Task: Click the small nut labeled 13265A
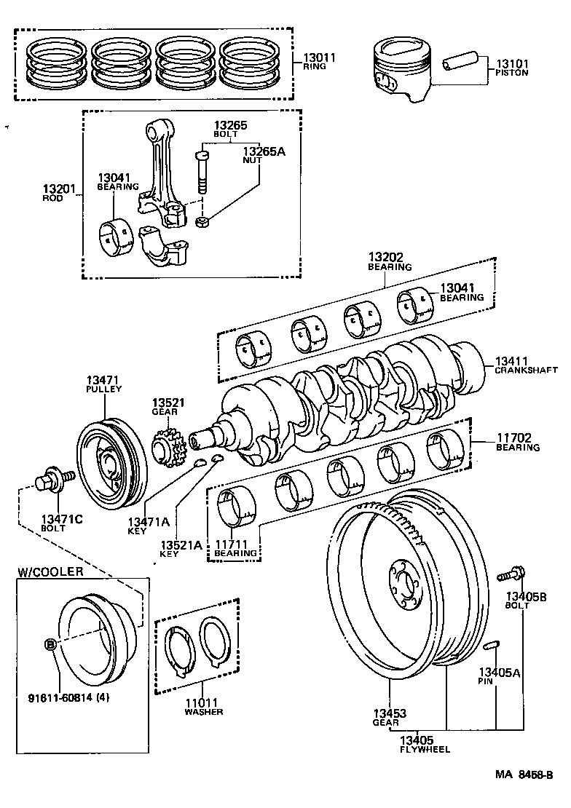203,219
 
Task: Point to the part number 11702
514,438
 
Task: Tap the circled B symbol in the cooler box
50,644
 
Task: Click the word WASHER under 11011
203,711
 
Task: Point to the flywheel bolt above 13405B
512,574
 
